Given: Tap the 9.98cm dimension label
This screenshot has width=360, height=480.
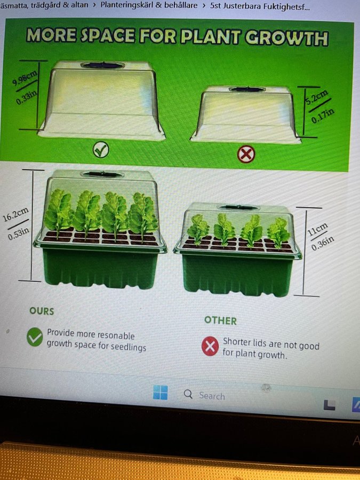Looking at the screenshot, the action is [25, 78].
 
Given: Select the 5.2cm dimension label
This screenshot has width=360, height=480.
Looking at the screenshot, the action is [317, 97].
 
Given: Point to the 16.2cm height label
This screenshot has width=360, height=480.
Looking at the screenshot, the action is [16, 214].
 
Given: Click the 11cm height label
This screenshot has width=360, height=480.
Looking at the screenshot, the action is [317, 229].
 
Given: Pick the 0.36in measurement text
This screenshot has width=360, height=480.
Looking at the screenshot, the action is [323, 244].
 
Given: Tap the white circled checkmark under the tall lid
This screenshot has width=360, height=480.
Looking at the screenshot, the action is [101, 150].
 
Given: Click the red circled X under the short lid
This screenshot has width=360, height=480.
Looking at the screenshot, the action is [246, 154].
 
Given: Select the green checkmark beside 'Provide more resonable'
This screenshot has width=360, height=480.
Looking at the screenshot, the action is [35, 337].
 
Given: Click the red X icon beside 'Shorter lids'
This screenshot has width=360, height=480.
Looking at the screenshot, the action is [210, 346].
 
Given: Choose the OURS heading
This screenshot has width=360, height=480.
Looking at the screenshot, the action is [42, 311].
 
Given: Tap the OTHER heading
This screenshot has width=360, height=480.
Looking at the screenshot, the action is [220, 321].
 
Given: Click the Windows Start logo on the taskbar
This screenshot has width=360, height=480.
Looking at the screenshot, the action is [161, 393].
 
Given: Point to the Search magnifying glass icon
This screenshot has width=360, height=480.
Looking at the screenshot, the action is [188, 394].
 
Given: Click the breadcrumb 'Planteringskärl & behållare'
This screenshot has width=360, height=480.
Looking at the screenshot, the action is [149, 5].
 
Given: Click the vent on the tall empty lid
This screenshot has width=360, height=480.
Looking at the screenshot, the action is [102, 65].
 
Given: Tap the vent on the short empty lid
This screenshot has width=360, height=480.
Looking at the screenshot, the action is [247, 90].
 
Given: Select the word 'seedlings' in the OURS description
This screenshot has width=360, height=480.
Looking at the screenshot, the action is [128, 347].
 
